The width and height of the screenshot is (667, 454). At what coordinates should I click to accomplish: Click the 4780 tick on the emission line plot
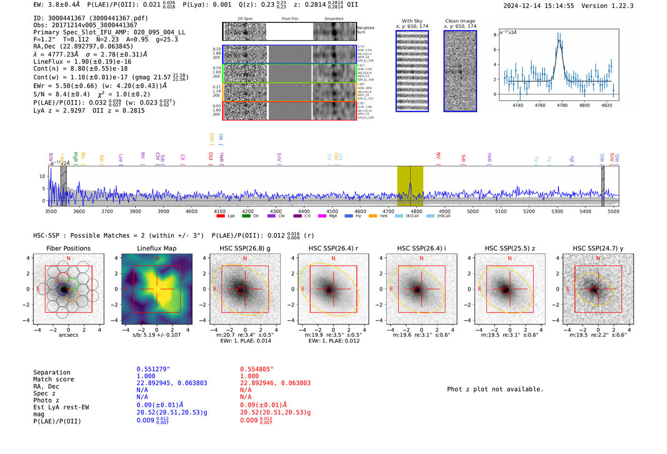point(562,105)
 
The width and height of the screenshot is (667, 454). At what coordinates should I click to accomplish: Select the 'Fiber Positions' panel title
point(68,248)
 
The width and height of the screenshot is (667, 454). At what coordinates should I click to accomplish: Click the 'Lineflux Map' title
point(157,248)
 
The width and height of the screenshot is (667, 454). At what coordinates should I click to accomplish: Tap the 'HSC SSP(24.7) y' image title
point(598,248)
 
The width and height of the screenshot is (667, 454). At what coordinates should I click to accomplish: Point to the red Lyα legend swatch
point(221,216)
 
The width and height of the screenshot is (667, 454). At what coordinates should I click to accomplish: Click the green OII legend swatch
point(246,216)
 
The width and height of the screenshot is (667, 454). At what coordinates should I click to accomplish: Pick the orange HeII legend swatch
point(373,216)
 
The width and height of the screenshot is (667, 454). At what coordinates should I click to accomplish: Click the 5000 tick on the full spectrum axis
point(473,211)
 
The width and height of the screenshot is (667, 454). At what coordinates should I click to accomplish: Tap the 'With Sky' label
point(412,21)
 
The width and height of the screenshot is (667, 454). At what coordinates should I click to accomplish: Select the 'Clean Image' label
point(460,21)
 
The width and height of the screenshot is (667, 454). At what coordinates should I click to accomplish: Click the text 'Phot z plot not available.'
point(495,389)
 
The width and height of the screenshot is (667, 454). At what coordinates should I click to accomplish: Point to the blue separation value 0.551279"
point(153,369)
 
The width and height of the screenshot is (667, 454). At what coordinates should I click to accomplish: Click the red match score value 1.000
point(250,376)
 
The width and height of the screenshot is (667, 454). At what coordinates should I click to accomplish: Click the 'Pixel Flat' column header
point(290,19)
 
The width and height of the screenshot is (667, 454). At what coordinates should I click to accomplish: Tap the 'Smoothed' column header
point(333,19)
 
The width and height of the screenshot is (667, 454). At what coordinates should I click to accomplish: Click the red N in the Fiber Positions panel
point(69,259)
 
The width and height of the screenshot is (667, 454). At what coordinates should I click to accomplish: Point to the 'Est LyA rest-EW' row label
point(61,407)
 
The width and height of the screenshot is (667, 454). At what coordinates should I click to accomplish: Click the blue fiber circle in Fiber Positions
point(63,289)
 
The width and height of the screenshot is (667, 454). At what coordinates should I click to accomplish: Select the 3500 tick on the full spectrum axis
point(51,211)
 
